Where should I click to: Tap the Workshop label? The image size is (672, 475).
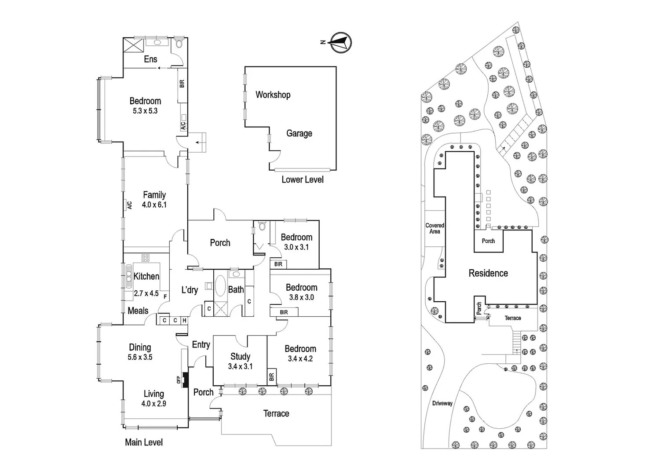[x=273, y=95]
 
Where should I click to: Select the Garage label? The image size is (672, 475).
[x=299, y=133]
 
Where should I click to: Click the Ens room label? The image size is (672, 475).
[x=150, y=59]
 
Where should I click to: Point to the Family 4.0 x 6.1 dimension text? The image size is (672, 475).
[x=154, y=205]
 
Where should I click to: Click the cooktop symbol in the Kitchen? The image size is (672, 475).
[x=146, y=258]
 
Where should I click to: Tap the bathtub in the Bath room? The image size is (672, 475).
[x=220, y=285]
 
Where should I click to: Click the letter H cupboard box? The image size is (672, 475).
[x=185, y=321]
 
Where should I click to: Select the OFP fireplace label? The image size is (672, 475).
[x=179, y=380]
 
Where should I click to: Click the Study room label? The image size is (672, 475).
[x=240, y=357]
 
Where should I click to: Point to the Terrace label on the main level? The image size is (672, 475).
[x=276, y=413]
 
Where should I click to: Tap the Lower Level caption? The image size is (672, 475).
[x=303, y=180]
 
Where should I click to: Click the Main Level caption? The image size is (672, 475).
[x=144, y=442]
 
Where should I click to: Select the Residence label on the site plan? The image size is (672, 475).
[x=488, y=273]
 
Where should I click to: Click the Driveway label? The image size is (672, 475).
[x=442, y=403]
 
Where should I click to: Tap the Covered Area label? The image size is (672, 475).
[x=435, y=228]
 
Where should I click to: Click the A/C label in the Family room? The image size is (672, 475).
[x=130, y=205]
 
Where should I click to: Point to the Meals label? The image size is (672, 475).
[x=138, y=311]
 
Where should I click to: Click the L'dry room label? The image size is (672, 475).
[x=190, y=290]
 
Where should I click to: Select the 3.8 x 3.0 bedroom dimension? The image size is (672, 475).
[x=302, y=297]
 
